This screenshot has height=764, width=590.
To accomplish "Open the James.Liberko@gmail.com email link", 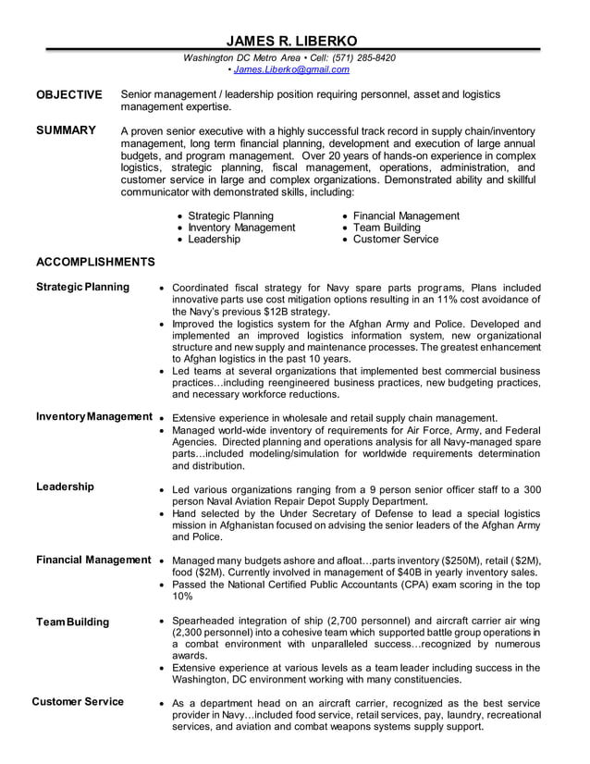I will pos(278,69).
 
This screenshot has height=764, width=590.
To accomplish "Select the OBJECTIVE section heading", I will pos(68,94).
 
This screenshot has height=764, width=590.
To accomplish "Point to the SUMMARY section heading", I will pos(65,130).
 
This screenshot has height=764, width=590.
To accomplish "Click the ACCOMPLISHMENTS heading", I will pos(95,262).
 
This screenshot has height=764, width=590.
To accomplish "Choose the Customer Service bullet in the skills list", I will pos(396,239).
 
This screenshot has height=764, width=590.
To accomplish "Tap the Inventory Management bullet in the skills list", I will pos(241,228).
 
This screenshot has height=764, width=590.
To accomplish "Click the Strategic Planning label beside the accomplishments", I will pos(82,287).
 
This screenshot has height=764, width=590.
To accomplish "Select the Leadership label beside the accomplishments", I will pos(65,487).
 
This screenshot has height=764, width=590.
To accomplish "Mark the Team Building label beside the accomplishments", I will pos(72,622).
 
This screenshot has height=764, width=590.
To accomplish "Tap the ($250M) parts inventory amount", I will pos(443,561).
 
